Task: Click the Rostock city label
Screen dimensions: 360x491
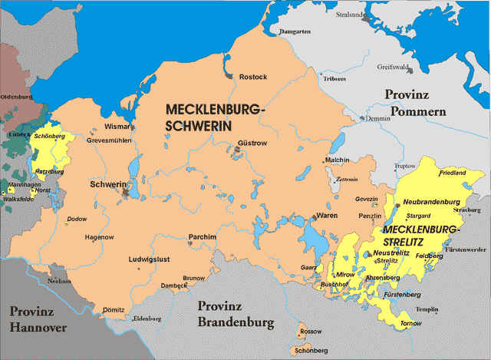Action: (253, 78)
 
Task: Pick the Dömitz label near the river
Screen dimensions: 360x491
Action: (113, 310)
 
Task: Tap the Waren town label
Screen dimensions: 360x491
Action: (328, 216)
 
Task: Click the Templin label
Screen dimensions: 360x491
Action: (427, 309)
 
